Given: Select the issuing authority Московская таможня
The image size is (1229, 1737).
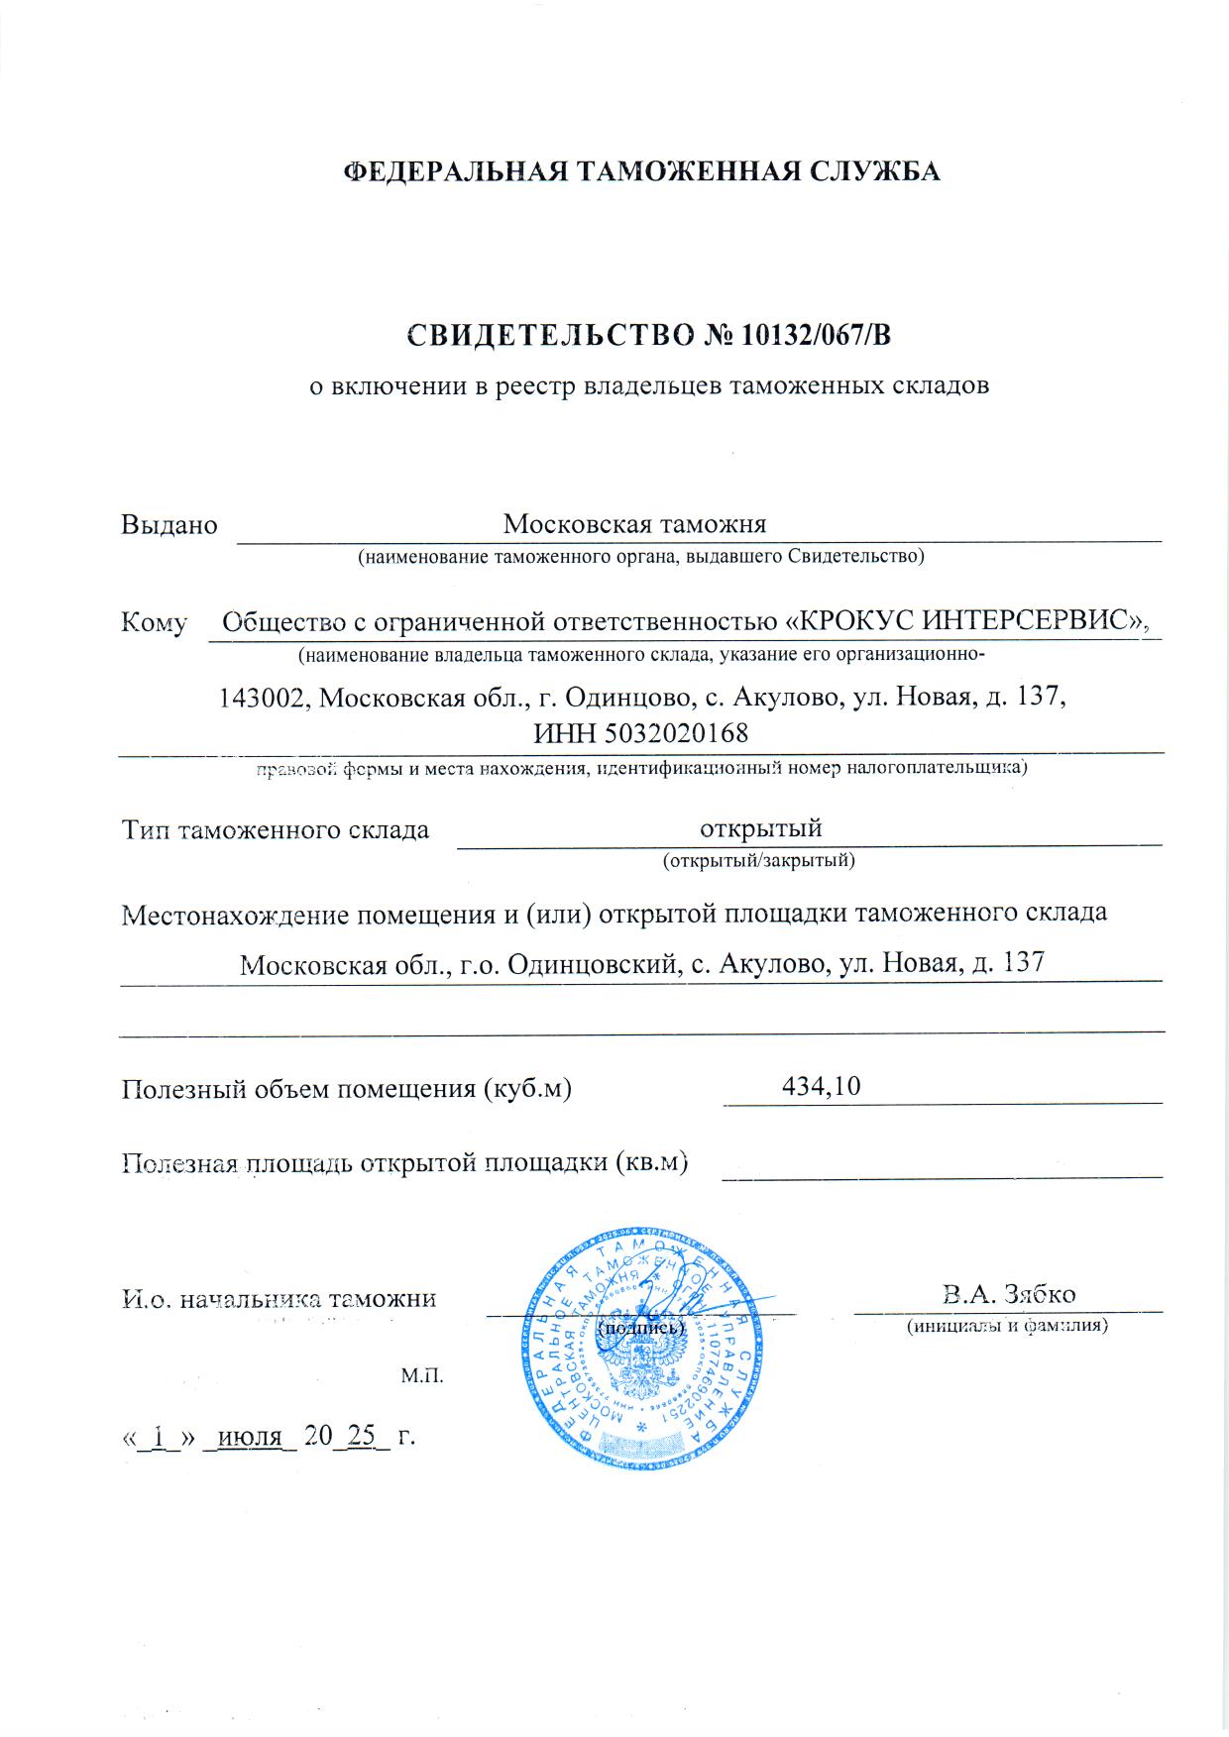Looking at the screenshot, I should [634, 523].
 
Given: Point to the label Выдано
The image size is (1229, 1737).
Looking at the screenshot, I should [168, 524].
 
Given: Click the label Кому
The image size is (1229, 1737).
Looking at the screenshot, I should [154, 622].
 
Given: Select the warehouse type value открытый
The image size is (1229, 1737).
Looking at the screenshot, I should [761, 827].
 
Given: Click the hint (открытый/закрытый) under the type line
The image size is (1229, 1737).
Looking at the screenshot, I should [758, 860].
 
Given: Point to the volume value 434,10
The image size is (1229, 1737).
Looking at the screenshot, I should [821, 1086].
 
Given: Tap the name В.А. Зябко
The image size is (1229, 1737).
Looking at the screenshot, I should [1010, 1293].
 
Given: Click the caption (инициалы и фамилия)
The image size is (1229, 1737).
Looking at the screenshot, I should [1008, 1326].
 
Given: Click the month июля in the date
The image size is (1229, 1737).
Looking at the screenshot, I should [249, 1436].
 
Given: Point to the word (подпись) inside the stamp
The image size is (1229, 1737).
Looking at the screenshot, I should [641, 1326].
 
